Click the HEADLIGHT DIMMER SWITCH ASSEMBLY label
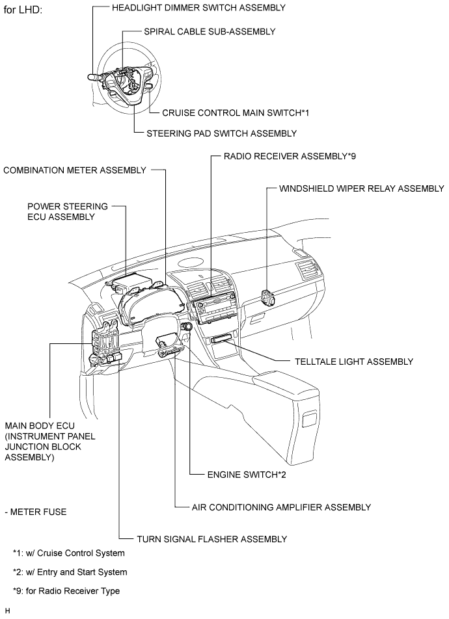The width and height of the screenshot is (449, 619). [x=198, y=7]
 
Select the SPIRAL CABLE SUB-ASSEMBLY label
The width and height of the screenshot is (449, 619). [x=209, y=31]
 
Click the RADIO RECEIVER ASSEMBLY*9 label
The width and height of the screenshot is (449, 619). [x=290, y=157]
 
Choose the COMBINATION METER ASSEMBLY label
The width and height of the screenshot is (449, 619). [x=75, y=170]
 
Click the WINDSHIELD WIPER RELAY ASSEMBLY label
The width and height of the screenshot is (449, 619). [x=361, y=189]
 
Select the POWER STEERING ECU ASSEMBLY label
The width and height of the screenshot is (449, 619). [x=68, y=211]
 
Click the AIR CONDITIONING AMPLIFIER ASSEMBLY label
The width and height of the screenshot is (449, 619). [x=281, y=507]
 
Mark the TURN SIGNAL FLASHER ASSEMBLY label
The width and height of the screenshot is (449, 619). [x=211, y=539]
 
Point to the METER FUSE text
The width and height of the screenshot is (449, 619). [x=35, y=512]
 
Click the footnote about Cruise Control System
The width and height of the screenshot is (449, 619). [x=68, y=553]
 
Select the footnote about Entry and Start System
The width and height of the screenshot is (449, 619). [x=70, y=572]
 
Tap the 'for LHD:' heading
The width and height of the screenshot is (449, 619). [x=23, y=12]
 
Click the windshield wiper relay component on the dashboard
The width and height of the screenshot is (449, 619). [x=267, y=298]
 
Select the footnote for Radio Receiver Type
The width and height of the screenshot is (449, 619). [x=66, y=591]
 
